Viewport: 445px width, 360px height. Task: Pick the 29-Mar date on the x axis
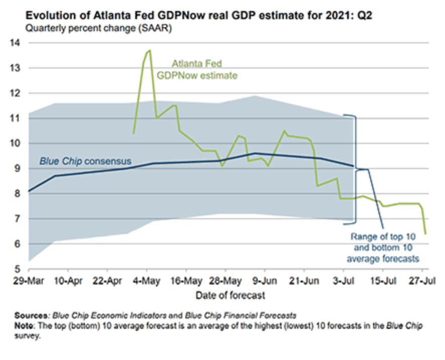pos(29,281)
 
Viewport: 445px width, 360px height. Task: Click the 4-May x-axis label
pos(147,281)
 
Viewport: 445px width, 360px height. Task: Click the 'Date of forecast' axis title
pos(230,295)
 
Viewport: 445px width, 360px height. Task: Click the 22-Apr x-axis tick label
pos(108,281)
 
